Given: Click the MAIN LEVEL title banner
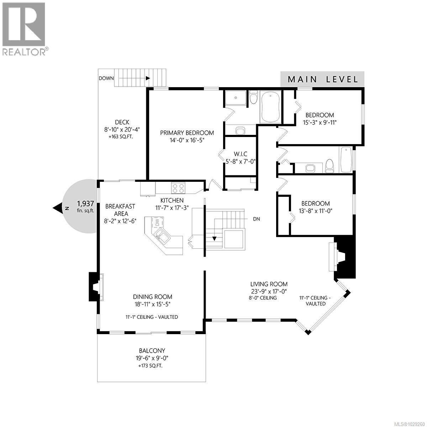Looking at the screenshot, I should point(322,79).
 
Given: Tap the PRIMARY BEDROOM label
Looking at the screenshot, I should point(187,133).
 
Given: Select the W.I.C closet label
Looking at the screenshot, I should point(240,154).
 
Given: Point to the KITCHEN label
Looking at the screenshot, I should point(172,200).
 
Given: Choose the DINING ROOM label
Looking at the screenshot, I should point(153,297).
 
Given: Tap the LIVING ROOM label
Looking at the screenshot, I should point(269,284).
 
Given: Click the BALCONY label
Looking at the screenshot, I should point(152,350).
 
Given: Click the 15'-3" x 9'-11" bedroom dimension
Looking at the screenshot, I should point(320,122).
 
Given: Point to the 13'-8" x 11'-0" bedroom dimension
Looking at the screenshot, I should point(315,211).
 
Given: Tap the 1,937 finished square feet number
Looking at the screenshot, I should point(85,204).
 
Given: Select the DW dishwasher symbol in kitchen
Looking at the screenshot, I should point(157,223).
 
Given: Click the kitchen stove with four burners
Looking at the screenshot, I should point(178,187).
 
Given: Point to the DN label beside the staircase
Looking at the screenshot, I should point(256,219).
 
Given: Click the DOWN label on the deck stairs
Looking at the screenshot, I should point(106,78).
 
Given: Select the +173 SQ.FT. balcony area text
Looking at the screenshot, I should point(152,366).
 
